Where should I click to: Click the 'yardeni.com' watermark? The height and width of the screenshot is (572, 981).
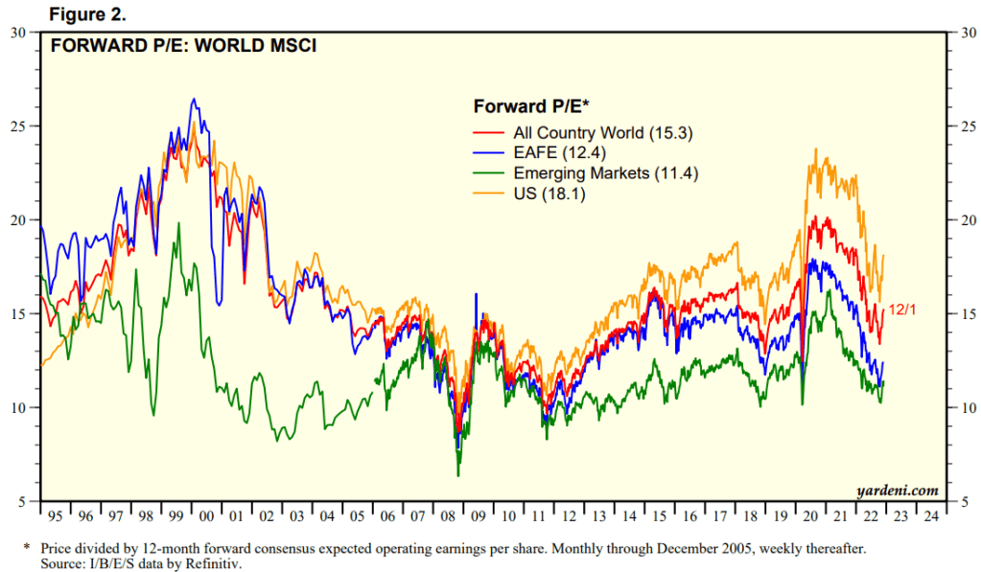[x=898, y=491]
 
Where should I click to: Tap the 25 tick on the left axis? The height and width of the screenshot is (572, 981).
[x=18, y=126]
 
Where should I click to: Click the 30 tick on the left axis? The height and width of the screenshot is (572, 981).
[x=18, y=33]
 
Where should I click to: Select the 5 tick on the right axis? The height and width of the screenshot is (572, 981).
[x=963, y=502]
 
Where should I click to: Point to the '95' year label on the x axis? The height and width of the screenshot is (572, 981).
[x=54, y=515]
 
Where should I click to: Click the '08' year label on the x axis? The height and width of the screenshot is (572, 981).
[x=448, y=515]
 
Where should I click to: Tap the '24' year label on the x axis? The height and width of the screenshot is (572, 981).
[x=930, y=515]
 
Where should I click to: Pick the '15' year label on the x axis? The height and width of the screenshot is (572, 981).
[x=658, y=515]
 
